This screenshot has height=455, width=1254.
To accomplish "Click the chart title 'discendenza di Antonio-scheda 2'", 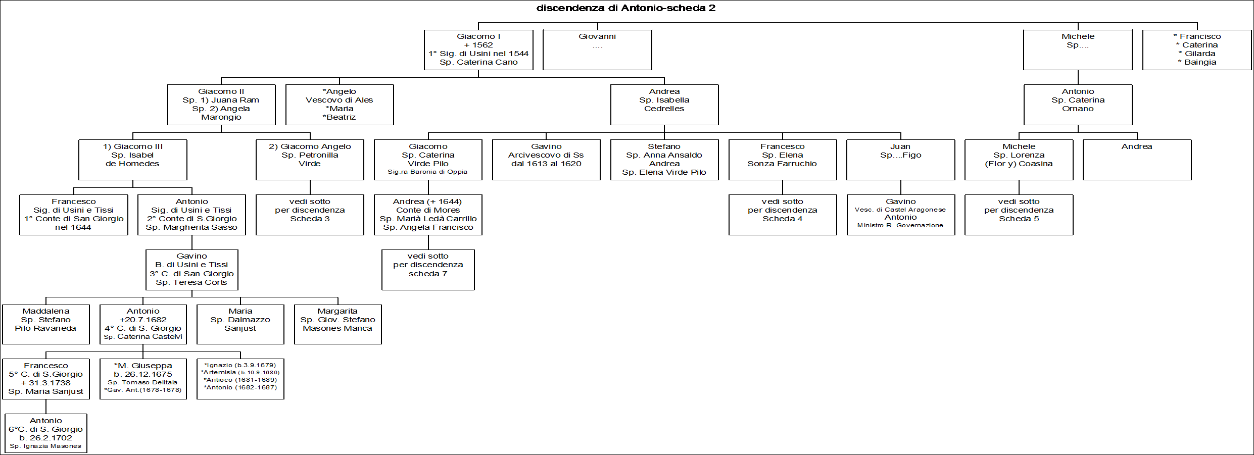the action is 625,8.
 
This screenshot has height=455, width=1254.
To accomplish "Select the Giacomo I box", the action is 478,50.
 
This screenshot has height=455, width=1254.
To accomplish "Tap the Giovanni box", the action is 597,50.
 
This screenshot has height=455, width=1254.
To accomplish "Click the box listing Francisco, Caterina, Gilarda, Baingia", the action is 1197,50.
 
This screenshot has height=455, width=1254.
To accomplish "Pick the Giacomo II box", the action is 221,105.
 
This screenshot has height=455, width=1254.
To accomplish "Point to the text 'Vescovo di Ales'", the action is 340,100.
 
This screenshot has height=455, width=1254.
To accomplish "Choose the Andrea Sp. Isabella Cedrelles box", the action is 664,105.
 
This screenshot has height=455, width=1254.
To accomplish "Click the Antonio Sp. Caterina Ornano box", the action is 1078,105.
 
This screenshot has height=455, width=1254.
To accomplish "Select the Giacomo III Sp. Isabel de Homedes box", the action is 133,160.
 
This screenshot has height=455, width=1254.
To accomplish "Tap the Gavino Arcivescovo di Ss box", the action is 546,160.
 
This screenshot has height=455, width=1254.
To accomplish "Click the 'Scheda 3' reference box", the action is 310,215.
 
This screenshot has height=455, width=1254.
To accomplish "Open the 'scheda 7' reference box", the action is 428,270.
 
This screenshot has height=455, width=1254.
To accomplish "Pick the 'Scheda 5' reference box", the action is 1019,215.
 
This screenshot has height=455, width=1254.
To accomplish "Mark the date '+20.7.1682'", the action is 143,320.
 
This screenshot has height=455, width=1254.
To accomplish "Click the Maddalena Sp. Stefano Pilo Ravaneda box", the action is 46,324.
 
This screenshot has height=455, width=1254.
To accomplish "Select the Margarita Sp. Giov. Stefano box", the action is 337,324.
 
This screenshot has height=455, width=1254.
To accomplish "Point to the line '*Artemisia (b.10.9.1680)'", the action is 240,373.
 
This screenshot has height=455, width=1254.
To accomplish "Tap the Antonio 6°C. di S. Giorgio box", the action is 46,433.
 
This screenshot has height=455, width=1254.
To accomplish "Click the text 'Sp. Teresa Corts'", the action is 191,282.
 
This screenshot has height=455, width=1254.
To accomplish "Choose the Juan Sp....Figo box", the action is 901,160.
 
